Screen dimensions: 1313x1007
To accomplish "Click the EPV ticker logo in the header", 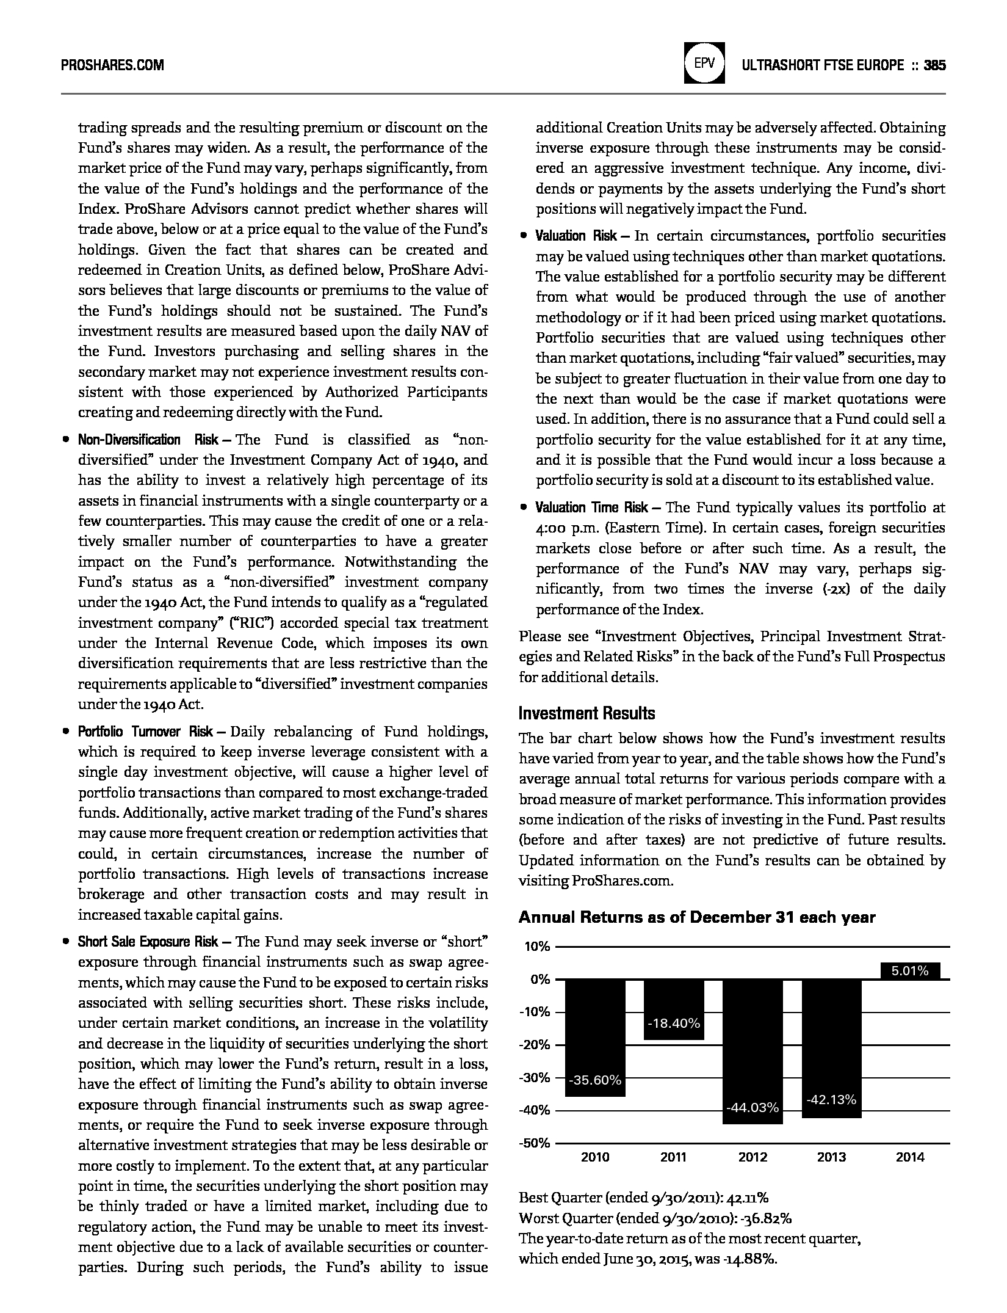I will pos(705,63).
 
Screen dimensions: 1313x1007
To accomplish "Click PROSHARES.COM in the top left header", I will pos(112,65).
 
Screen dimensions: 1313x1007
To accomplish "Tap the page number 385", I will pos(934,65).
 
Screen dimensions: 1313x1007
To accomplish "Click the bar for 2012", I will pos(753,1050).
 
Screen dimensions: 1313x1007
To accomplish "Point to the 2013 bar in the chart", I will pos(831,1048).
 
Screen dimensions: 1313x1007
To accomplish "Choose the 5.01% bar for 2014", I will pos(910,971).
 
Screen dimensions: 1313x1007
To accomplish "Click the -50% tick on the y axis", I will pos(535,1143).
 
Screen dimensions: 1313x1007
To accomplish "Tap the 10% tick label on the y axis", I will pos(537,947).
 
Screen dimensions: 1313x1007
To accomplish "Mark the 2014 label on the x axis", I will pos(910,1157).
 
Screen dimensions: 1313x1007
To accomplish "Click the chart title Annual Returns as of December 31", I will pos(697,917).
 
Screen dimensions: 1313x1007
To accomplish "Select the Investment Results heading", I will pos(587,713).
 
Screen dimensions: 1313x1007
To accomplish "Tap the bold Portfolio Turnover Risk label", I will pos(145,732).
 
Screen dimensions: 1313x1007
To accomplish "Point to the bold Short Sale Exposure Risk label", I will pos(148,942).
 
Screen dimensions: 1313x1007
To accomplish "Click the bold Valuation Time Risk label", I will pos(592,507).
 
